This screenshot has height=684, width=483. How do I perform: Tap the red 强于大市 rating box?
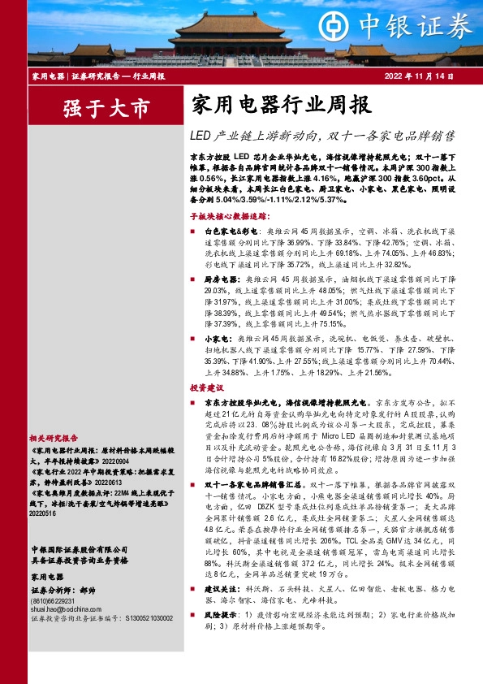95,106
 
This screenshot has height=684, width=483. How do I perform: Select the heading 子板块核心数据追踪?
222,217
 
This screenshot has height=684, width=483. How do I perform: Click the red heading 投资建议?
205,387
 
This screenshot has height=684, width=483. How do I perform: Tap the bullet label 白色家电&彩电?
231,232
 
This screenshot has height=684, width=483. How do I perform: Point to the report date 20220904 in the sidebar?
123,458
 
